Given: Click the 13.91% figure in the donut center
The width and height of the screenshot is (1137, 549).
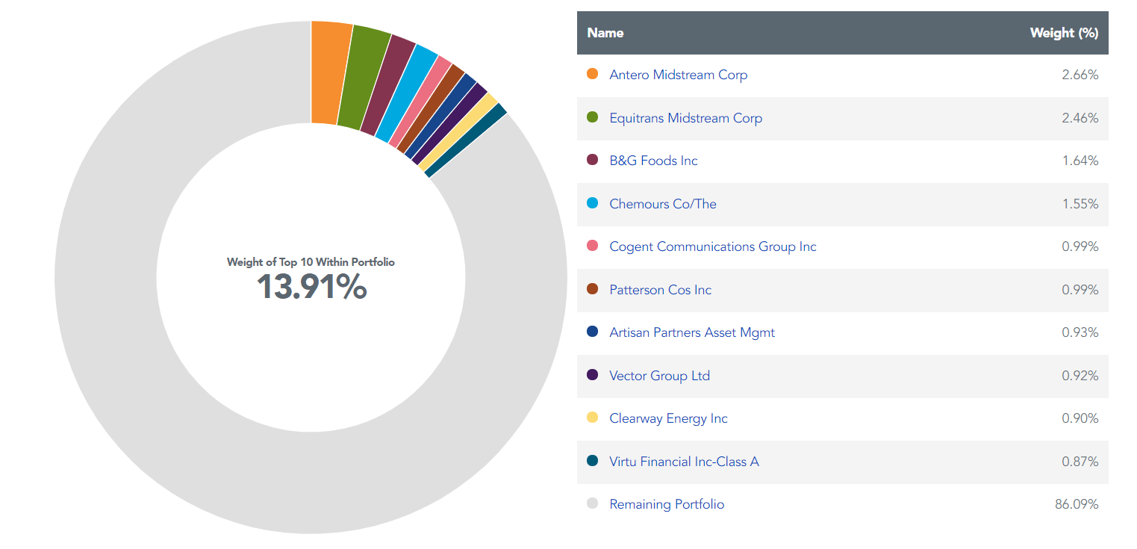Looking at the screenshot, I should coord(311,288).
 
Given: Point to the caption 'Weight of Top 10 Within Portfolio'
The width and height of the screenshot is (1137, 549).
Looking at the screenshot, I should coord(311,262).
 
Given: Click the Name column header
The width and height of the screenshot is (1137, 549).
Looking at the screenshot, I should coord(605,33).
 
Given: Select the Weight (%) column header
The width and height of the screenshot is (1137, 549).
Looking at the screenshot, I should coord(1063,33).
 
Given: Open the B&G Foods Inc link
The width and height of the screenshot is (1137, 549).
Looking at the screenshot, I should coord(653,161).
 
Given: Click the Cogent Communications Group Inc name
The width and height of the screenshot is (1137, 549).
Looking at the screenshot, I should coord(712,246).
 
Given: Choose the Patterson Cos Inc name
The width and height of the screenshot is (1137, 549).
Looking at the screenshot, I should coord(660,290).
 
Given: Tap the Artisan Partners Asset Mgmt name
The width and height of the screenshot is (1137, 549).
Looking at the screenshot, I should coord(691,332).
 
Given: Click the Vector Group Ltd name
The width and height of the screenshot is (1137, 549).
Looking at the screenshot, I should coord(659,376).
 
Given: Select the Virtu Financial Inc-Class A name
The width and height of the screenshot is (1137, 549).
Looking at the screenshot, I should coord(683,462).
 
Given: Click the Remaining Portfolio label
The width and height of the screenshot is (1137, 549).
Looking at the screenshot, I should coord(666,504).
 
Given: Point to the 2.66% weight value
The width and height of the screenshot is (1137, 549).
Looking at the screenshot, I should coord(1080,75).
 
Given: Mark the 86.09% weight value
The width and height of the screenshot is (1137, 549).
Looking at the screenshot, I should coord(1076,504).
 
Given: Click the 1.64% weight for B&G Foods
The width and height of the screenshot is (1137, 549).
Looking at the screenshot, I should coord(1080,161).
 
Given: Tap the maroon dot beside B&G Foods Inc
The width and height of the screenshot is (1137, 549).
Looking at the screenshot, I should coord(593,160).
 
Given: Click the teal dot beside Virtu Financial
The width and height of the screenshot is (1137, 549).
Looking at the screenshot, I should coord(593,461).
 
